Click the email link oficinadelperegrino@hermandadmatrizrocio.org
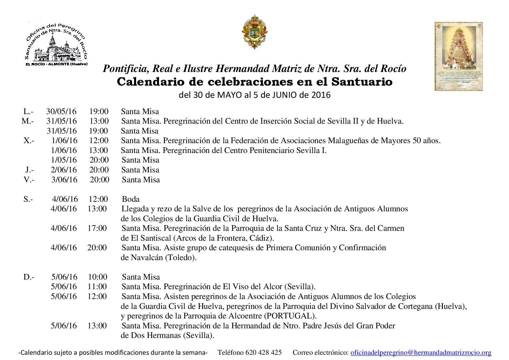(x=421, y=353)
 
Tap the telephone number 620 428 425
(x=263, y=353)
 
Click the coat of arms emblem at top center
(x=255, y=32)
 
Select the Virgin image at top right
(x=459, y=57)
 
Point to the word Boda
(x=131, y=199)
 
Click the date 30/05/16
(x=61, y=111)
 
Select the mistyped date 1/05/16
(x=64, y=160)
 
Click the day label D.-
(x=29, y=277)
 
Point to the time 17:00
(x=97, y=228)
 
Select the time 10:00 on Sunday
(x=98, y=277)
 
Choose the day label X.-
(x=29, y=141)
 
